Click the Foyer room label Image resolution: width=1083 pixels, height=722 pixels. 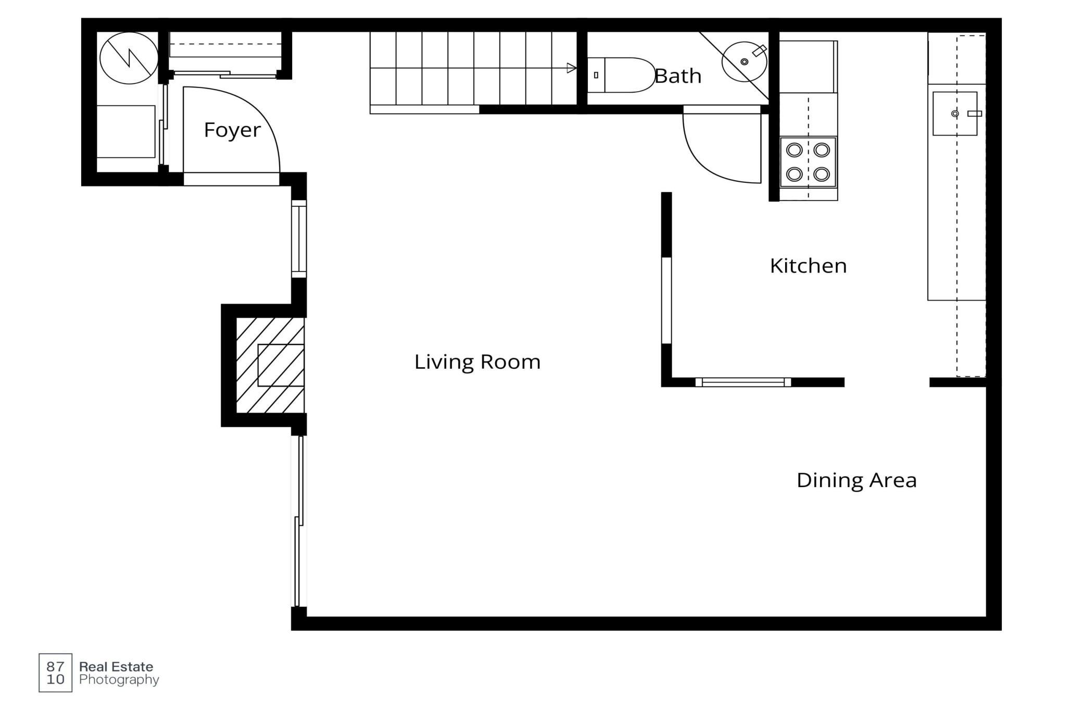[x=232, y=130]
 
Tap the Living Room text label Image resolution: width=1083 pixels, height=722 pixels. [x=477, y=362]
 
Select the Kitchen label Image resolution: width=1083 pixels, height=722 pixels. [x=808, y=266]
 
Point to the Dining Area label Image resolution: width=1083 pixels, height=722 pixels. [x=857, y=480]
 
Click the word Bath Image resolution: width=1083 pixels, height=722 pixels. [x=678, y=76]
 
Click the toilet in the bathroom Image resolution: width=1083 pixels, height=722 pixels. [x=621, y=75]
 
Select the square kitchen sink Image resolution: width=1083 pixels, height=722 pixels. [x=955, y=114]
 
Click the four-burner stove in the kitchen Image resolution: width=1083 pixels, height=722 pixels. [x=808, y=162]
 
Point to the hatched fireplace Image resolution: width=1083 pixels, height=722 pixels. [x=270, y=365]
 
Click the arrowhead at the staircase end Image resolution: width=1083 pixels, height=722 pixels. [x=572, y=68]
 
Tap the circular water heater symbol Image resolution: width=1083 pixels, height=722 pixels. [x=129, y=58]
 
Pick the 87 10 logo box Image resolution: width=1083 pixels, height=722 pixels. [x=55, y=673]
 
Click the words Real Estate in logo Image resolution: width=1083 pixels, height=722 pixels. [x=116, y=667]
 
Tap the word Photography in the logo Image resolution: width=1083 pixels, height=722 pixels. [x=119, y=680]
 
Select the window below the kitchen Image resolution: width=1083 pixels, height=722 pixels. [x=743, y=382]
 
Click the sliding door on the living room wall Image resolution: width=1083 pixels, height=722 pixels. [x=299, y=521]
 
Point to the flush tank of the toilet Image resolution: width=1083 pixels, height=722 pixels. [x=596, y=75]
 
